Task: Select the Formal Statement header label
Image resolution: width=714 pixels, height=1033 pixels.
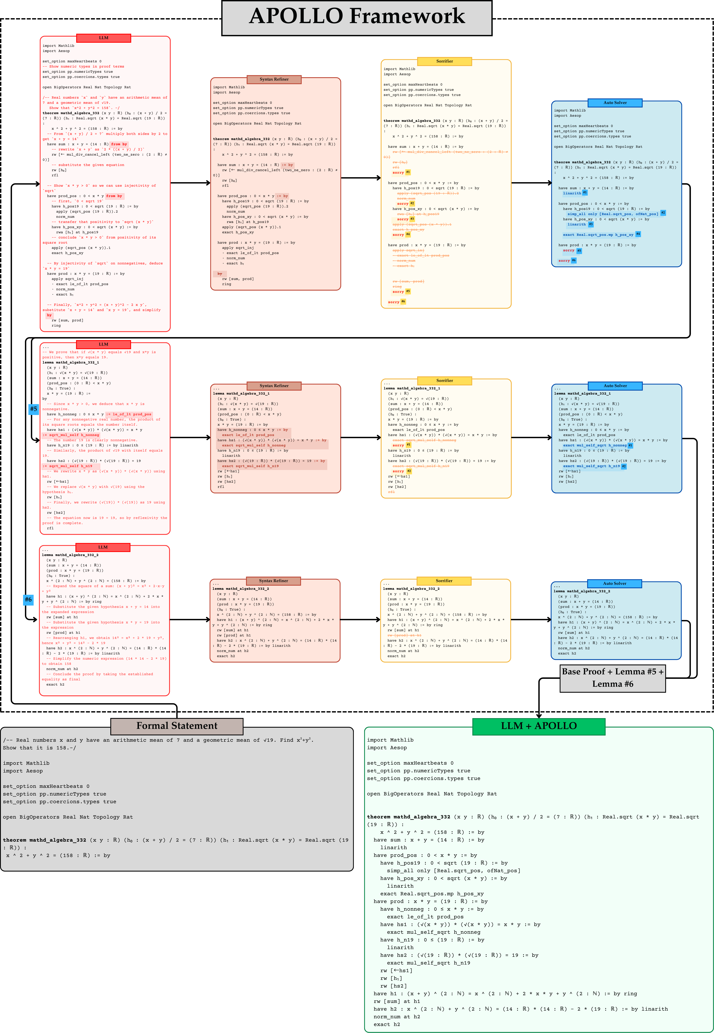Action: click(x=177, y=726)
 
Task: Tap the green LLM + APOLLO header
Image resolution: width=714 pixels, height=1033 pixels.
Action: click(x=539, y=726)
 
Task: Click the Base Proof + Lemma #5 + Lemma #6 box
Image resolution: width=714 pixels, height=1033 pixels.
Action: click(x=612, y=678)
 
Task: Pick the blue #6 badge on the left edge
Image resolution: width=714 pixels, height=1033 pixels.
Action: click(x=28, y=599)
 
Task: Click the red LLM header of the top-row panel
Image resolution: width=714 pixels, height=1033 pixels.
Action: click(x=103, y=38)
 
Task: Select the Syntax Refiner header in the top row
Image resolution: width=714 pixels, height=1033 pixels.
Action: click(x=274, y=79)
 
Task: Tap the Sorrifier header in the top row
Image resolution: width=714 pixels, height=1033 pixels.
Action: click(x=444, y=61)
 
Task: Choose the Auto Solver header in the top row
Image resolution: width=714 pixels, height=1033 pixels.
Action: click(x=615, y=103)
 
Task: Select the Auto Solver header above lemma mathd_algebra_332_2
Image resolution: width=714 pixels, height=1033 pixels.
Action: click(x=614, y=583)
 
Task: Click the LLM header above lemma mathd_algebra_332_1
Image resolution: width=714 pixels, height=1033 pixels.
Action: click(x=103, y=344)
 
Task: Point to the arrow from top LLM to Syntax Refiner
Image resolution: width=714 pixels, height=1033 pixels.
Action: click(x=190, y=183)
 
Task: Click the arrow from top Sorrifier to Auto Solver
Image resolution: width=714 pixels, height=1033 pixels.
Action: click(x=531, y=183)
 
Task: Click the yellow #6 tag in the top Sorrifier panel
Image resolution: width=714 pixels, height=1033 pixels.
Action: click(x=403, y=301)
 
